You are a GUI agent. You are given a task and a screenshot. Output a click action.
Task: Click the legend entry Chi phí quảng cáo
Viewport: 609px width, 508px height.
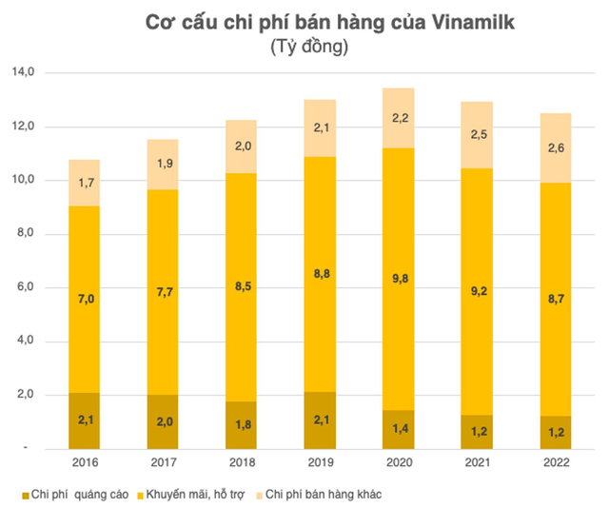(x=77, y=494)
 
